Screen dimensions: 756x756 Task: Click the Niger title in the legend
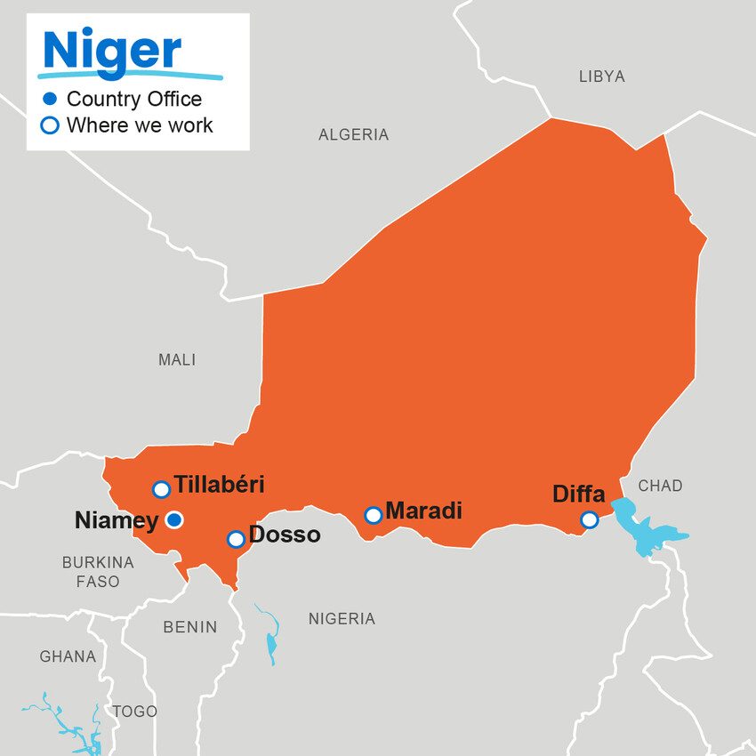tap(112, 51)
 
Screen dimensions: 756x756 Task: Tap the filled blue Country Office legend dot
tap(50, 99)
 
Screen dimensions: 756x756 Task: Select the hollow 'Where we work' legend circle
tap(50, 125)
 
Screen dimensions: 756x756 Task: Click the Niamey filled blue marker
tap(174, 519)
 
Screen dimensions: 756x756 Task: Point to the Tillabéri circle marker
tap(161, 489)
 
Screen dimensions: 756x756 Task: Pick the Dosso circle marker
tap(236, 539)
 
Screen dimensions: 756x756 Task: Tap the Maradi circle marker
tap(374, 515)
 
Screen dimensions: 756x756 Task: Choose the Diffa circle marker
tap(589, 519)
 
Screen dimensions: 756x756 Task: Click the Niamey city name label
tap(116, 520)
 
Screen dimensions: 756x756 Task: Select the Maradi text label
tap(423, 511)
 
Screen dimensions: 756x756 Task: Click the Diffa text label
tap(578, 494)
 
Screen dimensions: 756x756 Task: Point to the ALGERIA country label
tap(353, 135)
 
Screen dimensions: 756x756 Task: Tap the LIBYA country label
tap(601, 76)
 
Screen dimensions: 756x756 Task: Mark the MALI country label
tap(177, 360)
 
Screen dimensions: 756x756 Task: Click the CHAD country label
tap(660, 486)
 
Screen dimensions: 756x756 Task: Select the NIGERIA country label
tap(342, 619)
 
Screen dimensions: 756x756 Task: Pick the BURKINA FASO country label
tap(98, 572)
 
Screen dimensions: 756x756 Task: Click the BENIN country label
tap(189, 627)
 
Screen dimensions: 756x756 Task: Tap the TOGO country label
tap(135, 712)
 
